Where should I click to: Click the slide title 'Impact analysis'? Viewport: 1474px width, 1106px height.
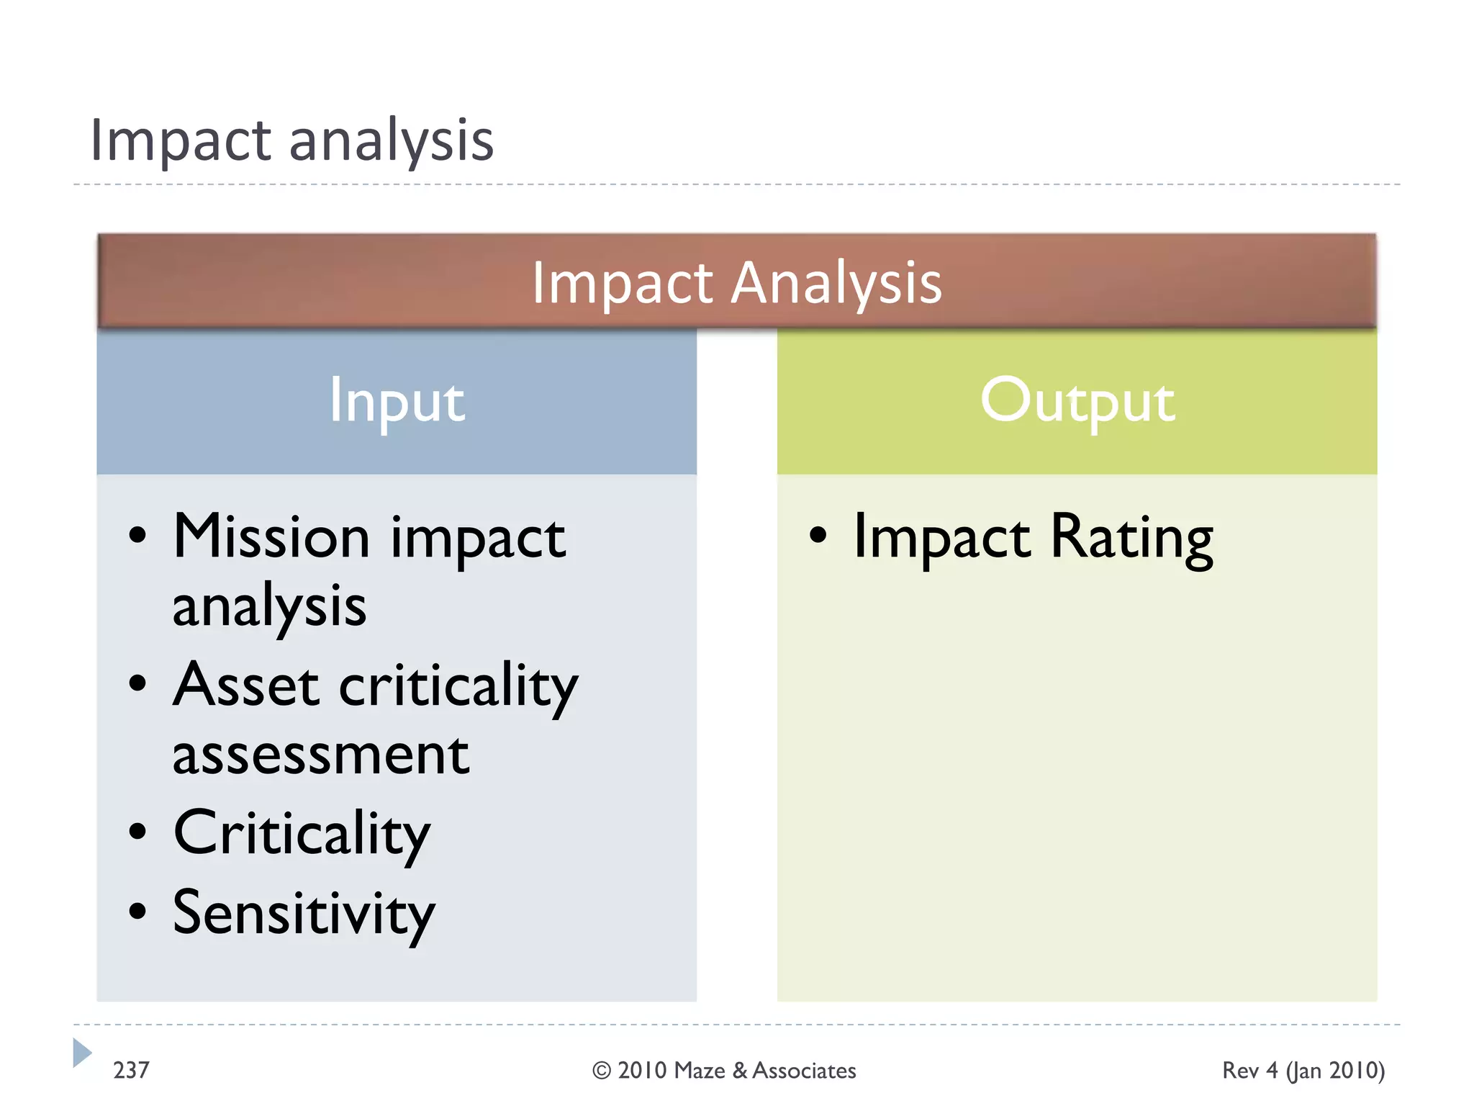tap(291, 140)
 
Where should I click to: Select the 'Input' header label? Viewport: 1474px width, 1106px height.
tap(397, 401)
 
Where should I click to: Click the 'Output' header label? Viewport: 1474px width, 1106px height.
tap(1077, 401)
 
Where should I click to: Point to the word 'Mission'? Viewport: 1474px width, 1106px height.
tap(271, 537)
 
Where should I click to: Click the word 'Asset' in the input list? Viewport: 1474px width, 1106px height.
tap(245, 685)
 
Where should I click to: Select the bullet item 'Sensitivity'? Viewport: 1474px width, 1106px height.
tap(304, 914)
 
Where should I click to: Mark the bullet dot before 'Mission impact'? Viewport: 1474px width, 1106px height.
tap(137, 536)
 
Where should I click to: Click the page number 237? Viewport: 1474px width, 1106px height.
tap(131, 1071)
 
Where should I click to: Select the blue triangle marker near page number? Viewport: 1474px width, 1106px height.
tap(81, 1053)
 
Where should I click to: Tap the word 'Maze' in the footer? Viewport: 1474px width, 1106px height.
tap(700, 1071)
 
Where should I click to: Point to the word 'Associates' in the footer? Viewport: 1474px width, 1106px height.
tap(804, 1071)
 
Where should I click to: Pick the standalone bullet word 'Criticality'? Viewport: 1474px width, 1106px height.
tap(302, 834)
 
